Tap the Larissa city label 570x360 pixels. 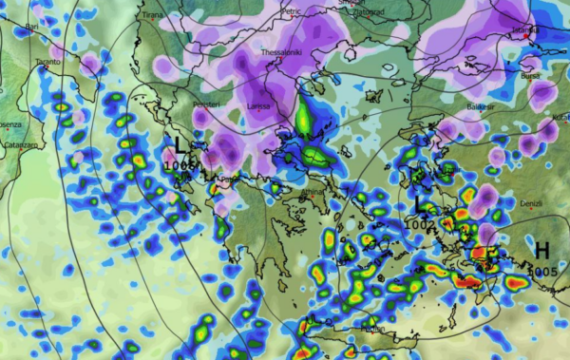tap(258, 106)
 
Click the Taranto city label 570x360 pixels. tap(47, 62)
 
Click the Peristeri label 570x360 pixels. tap(206, 104)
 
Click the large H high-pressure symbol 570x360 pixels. tap(541, 250)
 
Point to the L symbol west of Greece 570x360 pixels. tap(180, 146)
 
